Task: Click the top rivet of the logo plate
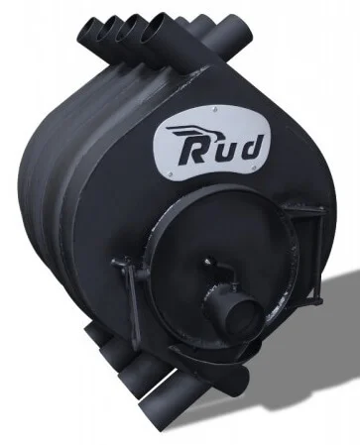(x=215, y=107)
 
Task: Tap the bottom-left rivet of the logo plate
(x=170, y=174)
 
